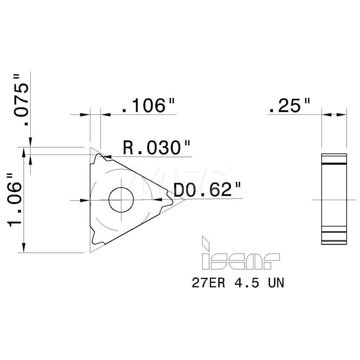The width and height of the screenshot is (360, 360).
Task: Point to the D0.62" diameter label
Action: coord(206,190)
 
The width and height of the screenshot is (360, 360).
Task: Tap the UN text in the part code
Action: coord(275,283)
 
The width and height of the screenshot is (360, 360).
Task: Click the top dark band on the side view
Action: coord(334,164)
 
